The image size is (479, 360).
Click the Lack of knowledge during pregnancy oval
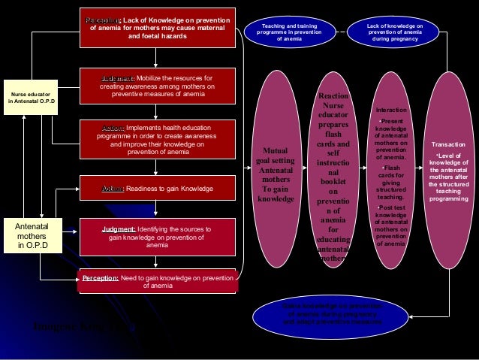[x=395, y=32]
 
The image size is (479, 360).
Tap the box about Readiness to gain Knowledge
[x=158, y=188]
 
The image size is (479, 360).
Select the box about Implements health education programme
[x=158, y=137]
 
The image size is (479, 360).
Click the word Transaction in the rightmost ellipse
[x=448, y=143]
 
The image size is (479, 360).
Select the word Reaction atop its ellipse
[x=333, y=96]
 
